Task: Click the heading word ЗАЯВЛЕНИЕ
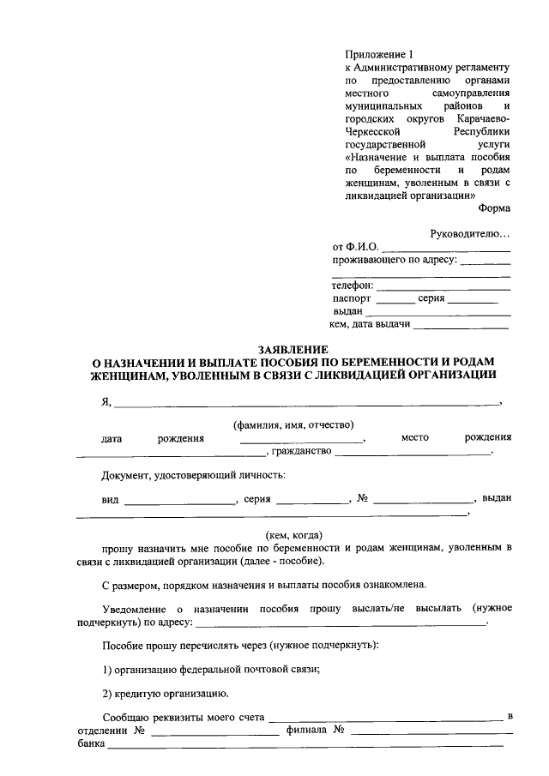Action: tap(294, 350)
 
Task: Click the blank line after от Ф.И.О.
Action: tap(446, 249)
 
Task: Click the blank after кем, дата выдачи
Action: tap(464, 326)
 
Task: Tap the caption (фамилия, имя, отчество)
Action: tap(294, 424)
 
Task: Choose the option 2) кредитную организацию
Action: tap(164, 693)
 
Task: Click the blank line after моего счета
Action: tap(386, 718)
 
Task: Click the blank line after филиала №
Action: tap(432, 731)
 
